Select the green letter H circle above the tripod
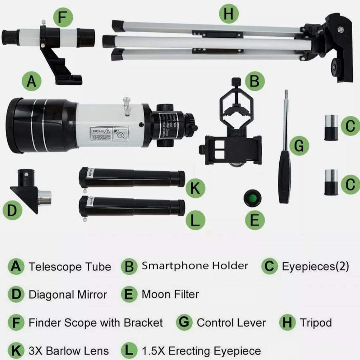click(229, 14)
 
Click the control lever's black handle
click(285, 177)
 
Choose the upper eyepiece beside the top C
click(331, 128)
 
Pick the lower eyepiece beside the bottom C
click(331, 182)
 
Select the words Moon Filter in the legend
click(170, 294)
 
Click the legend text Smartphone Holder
click(195, 266)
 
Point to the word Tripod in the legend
click(316, 322)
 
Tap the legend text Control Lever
click(231, 322)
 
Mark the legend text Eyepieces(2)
click(315, 266)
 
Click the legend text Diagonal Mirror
click(68, 294)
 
